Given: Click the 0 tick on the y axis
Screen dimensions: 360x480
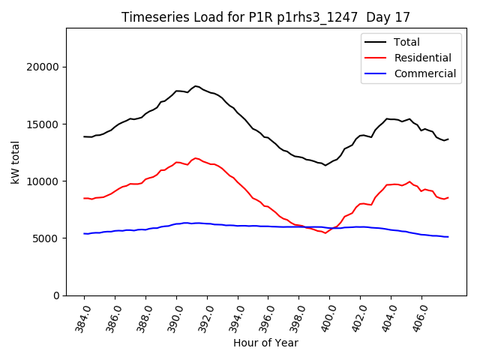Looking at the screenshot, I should pyautogui.click(x=56, y=295).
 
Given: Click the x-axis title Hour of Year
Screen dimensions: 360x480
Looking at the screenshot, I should pyautogui.click(x=265, y=343).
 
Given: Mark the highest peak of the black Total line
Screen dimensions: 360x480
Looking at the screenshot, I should pyautogui.click(x=196, y=86).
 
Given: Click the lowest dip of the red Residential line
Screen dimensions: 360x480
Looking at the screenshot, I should pyautogui.click(x=325, y=233).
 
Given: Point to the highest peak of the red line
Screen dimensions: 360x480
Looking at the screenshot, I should pyautogui.click(x=196, y=158).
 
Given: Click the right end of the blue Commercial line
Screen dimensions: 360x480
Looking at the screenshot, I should pyautogui.click(x=448, y=237).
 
